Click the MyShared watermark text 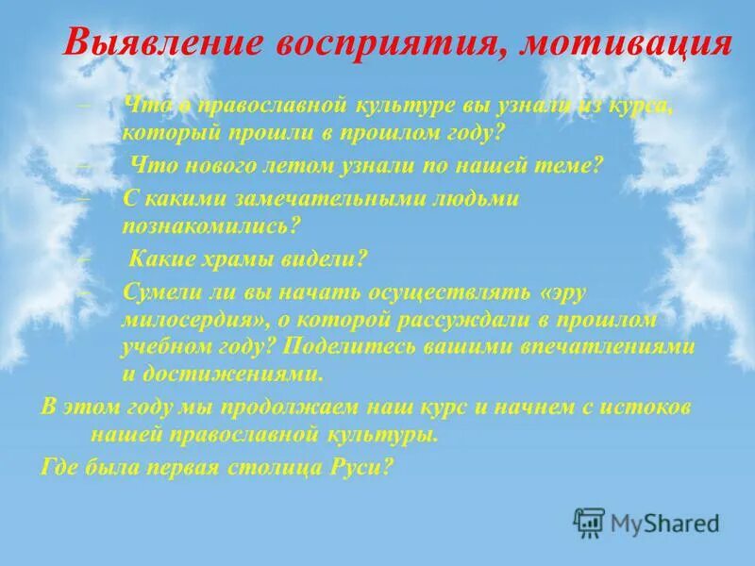(x=664, y=522)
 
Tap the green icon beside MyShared (x=588, y=522)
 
